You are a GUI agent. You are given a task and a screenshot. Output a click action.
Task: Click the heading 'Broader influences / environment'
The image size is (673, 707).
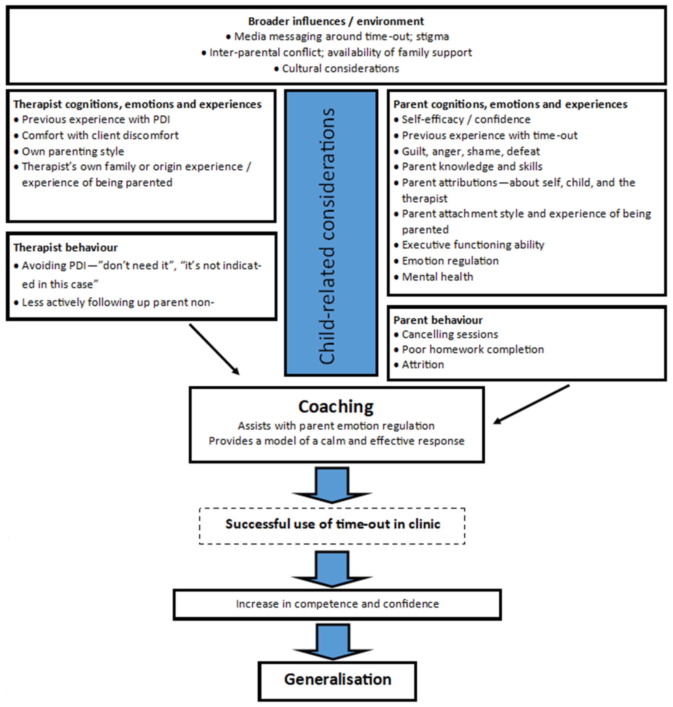point(336,21)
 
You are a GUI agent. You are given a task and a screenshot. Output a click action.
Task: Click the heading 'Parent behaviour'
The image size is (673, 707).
point(438,320)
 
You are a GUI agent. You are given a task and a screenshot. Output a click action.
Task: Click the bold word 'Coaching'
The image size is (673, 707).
point(336,407)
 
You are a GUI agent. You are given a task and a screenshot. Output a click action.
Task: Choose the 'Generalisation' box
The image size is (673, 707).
point(337,680)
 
